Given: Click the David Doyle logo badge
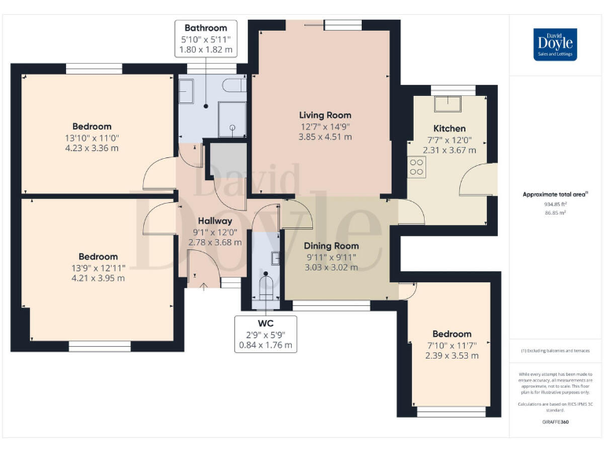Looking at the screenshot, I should pos(555,44).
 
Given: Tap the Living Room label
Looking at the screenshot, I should pos(325,115).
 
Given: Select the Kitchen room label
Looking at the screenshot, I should pos(449,128).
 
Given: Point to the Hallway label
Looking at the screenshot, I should pos(215,221).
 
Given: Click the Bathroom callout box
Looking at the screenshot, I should pos(205,39).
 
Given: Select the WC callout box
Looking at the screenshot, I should pos(266,334).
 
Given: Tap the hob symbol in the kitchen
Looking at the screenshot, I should pos(417,166).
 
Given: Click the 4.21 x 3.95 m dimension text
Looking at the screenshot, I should pos(98,278).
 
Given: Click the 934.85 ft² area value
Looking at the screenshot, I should pos(555,204).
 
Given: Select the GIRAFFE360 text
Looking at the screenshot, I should pos(555,423).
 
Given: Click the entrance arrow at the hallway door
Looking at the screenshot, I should pos(204,287).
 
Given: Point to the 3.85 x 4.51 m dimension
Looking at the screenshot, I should pos(325,137).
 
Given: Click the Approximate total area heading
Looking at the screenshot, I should pos(555,193).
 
